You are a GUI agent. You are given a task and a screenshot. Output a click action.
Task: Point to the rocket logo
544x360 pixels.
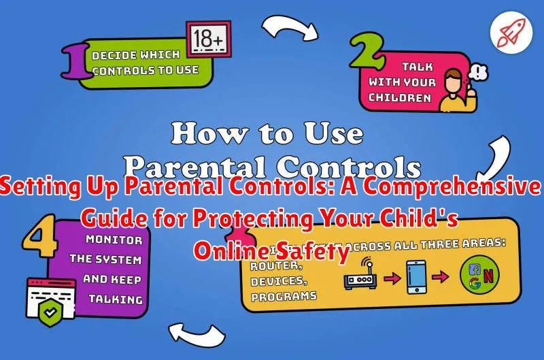pos(510,32)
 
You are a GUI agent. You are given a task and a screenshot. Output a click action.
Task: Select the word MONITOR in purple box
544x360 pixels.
pos(114,239)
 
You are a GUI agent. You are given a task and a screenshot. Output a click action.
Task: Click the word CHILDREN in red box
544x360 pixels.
pos(400,97)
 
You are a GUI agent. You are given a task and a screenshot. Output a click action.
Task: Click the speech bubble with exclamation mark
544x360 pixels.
pos(479,72)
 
